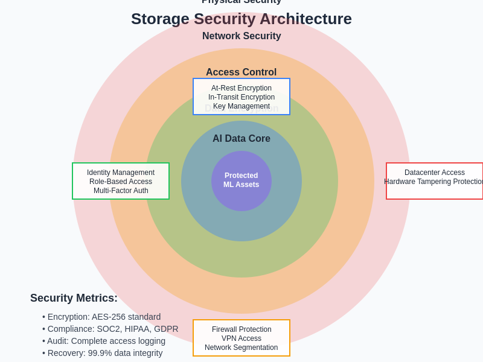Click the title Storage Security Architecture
(x=241, y=19)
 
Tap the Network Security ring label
(x=241, y=36)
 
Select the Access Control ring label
(x=241, y=72)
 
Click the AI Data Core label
(x=241, y=139)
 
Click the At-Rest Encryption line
(x=241, y=88)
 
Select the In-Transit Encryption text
(x=241, y=97)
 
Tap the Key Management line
(x=241, y=106)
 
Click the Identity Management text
(x=121, y=173)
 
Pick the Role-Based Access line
(x=121, y=182)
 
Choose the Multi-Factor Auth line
(x=121, y=191)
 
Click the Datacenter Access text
(x=435, y=173)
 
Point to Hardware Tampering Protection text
(x=433, y=182)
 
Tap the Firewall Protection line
(x=241, y=329)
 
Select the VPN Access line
(x=241, y=338)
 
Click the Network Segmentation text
(x=241, y=348)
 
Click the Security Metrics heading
(x=74, y=298)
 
